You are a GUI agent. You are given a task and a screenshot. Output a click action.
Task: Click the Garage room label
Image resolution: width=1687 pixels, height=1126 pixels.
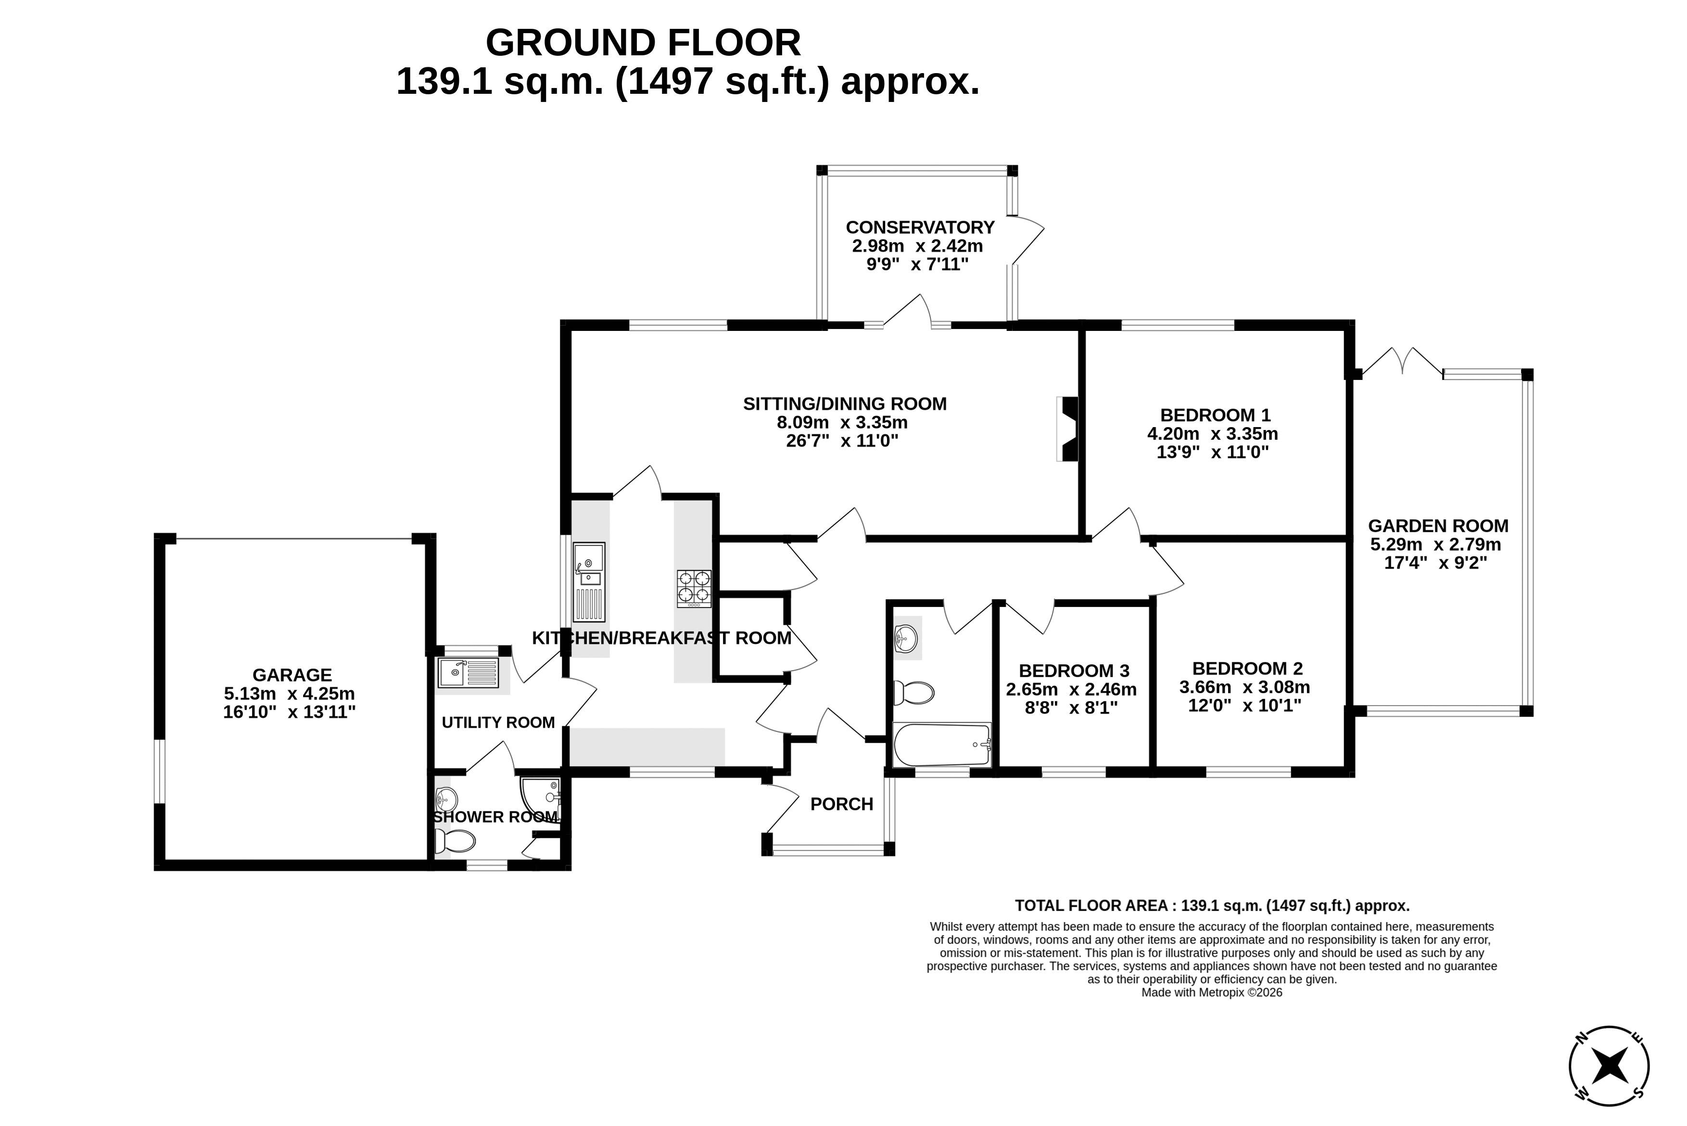coord(292,675)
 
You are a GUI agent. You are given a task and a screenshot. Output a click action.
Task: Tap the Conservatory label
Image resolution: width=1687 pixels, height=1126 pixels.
coord(920,228)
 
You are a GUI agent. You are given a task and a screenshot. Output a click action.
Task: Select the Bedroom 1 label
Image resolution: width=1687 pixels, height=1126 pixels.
coord(1215,415)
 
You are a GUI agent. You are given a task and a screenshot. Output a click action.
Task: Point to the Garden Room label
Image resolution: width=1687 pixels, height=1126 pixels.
coord(1438,526)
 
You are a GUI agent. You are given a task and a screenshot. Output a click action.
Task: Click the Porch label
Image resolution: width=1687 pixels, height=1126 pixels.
coord(842,804)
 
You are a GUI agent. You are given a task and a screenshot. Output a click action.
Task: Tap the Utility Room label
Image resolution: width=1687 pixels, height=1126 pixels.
coord(498,722)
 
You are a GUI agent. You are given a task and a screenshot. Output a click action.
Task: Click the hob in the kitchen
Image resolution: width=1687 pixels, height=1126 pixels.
coord(694,589)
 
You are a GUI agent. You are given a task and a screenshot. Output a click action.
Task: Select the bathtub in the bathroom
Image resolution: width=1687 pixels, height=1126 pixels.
coord(941,746)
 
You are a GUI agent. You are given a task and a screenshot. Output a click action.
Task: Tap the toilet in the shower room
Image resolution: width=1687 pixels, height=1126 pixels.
coord(456,841)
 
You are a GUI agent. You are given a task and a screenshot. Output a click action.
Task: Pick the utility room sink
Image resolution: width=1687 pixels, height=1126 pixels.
coord(468,673)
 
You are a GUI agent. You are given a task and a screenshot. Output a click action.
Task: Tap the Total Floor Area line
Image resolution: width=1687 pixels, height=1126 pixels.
coord(1212,906)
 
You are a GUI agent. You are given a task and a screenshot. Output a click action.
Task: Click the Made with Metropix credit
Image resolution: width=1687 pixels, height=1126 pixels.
coord(1212,992)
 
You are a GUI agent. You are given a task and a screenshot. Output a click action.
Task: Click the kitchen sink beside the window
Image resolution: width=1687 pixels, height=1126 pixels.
coord(589,582)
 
